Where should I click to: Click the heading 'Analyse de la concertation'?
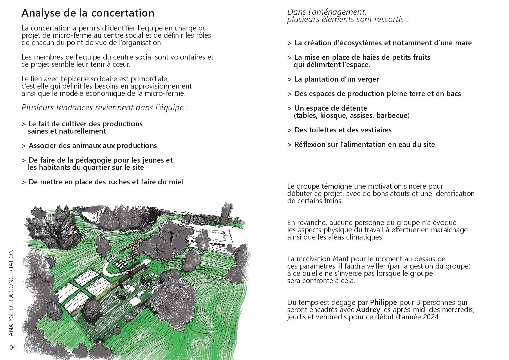pos(88,13)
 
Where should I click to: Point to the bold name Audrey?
pos(368,310)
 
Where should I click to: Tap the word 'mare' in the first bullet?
pos(463,43)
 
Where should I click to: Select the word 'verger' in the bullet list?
pos(368,79)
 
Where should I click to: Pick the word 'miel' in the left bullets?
pos(175,182)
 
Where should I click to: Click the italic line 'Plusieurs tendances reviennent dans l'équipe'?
pos(103,108)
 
